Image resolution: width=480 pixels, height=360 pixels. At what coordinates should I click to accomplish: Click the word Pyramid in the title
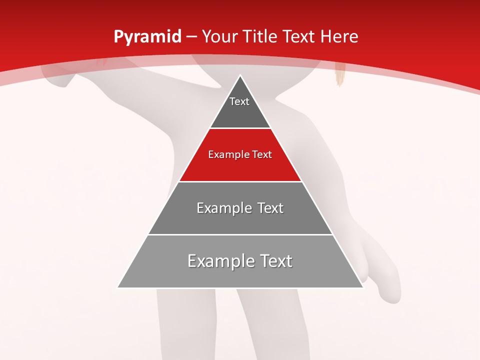point(147,37)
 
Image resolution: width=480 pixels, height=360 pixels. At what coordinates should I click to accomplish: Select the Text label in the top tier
point(239,101)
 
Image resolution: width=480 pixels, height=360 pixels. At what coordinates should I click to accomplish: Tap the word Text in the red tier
point(261,155)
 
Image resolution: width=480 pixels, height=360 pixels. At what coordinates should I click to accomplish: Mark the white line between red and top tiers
point(240,128)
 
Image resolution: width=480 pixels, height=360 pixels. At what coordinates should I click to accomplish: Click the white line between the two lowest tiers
point(240,234)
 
